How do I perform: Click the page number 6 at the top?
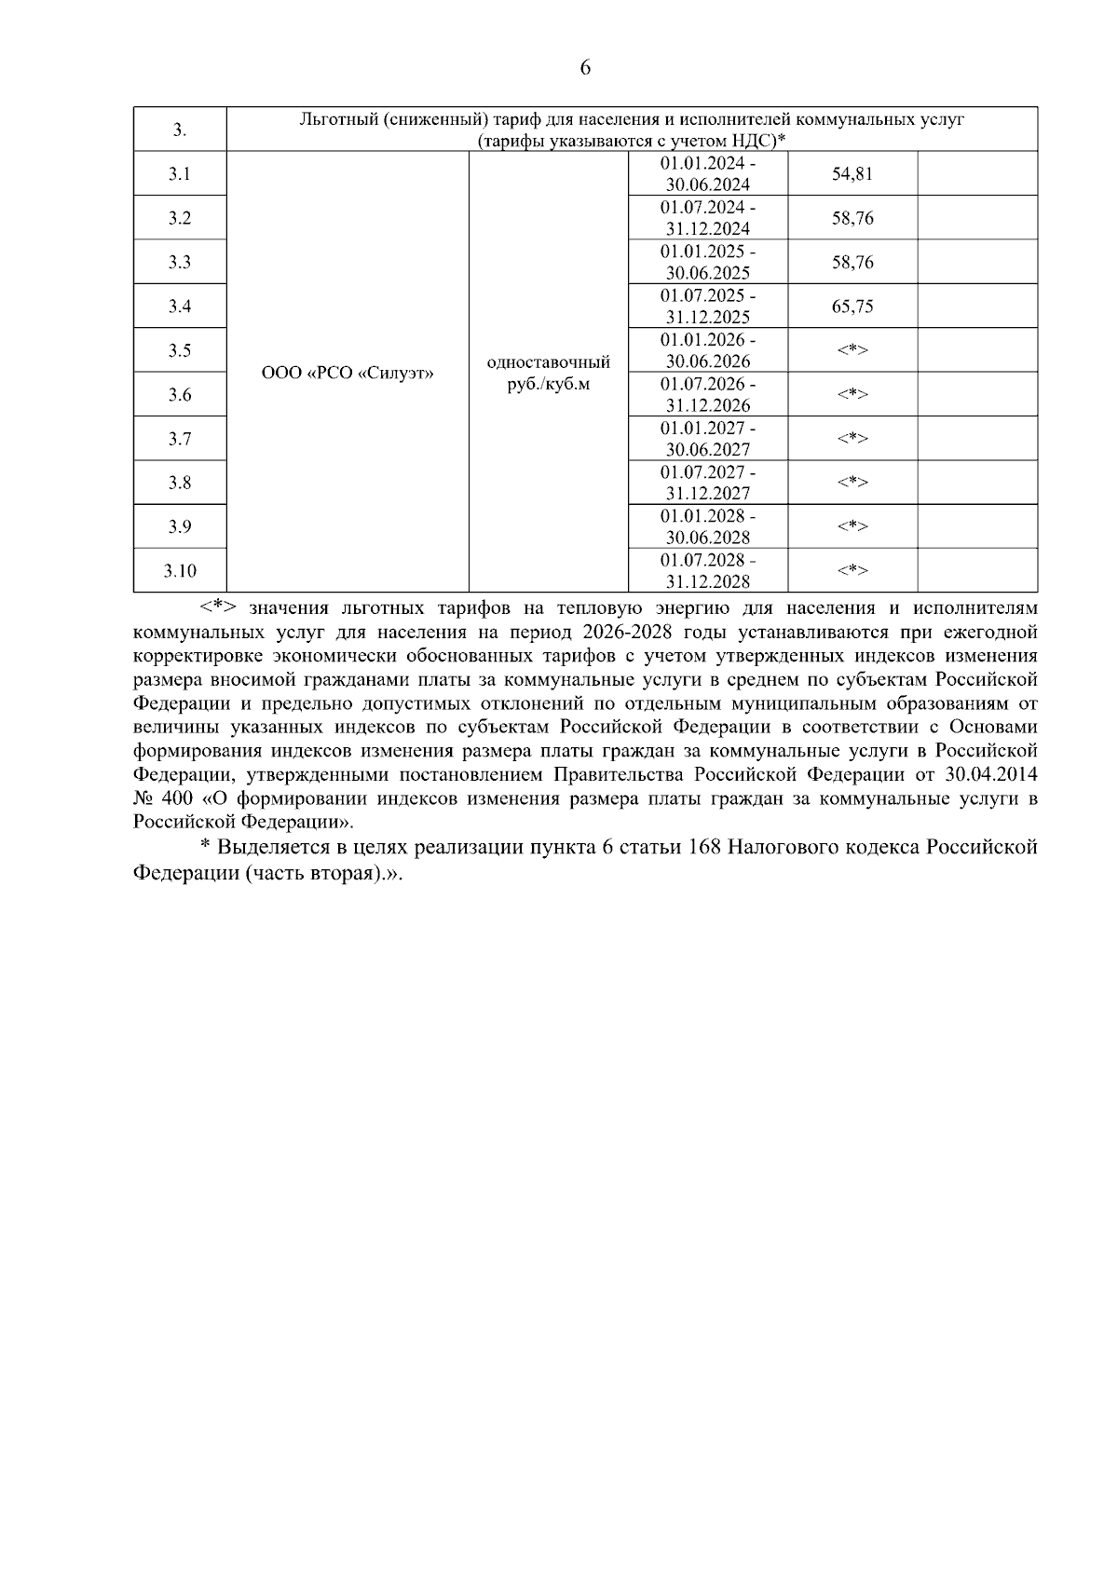[x=585, y=67]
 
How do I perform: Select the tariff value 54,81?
[x=852, y=174]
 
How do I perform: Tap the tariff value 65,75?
[x=852, y=307]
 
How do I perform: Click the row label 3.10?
[x=180, y=571]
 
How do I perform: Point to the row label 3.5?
[x=180, y=350]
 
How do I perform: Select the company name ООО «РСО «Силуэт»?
[x=348, y=373]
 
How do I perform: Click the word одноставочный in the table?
[x=549, y=361]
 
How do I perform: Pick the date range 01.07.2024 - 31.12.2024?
[x=708, y=218]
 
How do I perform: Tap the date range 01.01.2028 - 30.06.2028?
[x=708, y=527]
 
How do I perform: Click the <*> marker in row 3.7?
[x=852, y=439]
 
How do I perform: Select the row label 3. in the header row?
[x=180, y=130]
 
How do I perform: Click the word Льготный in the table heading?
[x=337, y=119]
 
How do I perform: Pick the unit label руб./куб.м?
[x=549, y=384]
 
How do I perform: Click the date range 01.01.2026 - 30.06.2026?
[x=708, y=350]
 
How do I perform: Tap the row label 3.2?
[x=180, y=218]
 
